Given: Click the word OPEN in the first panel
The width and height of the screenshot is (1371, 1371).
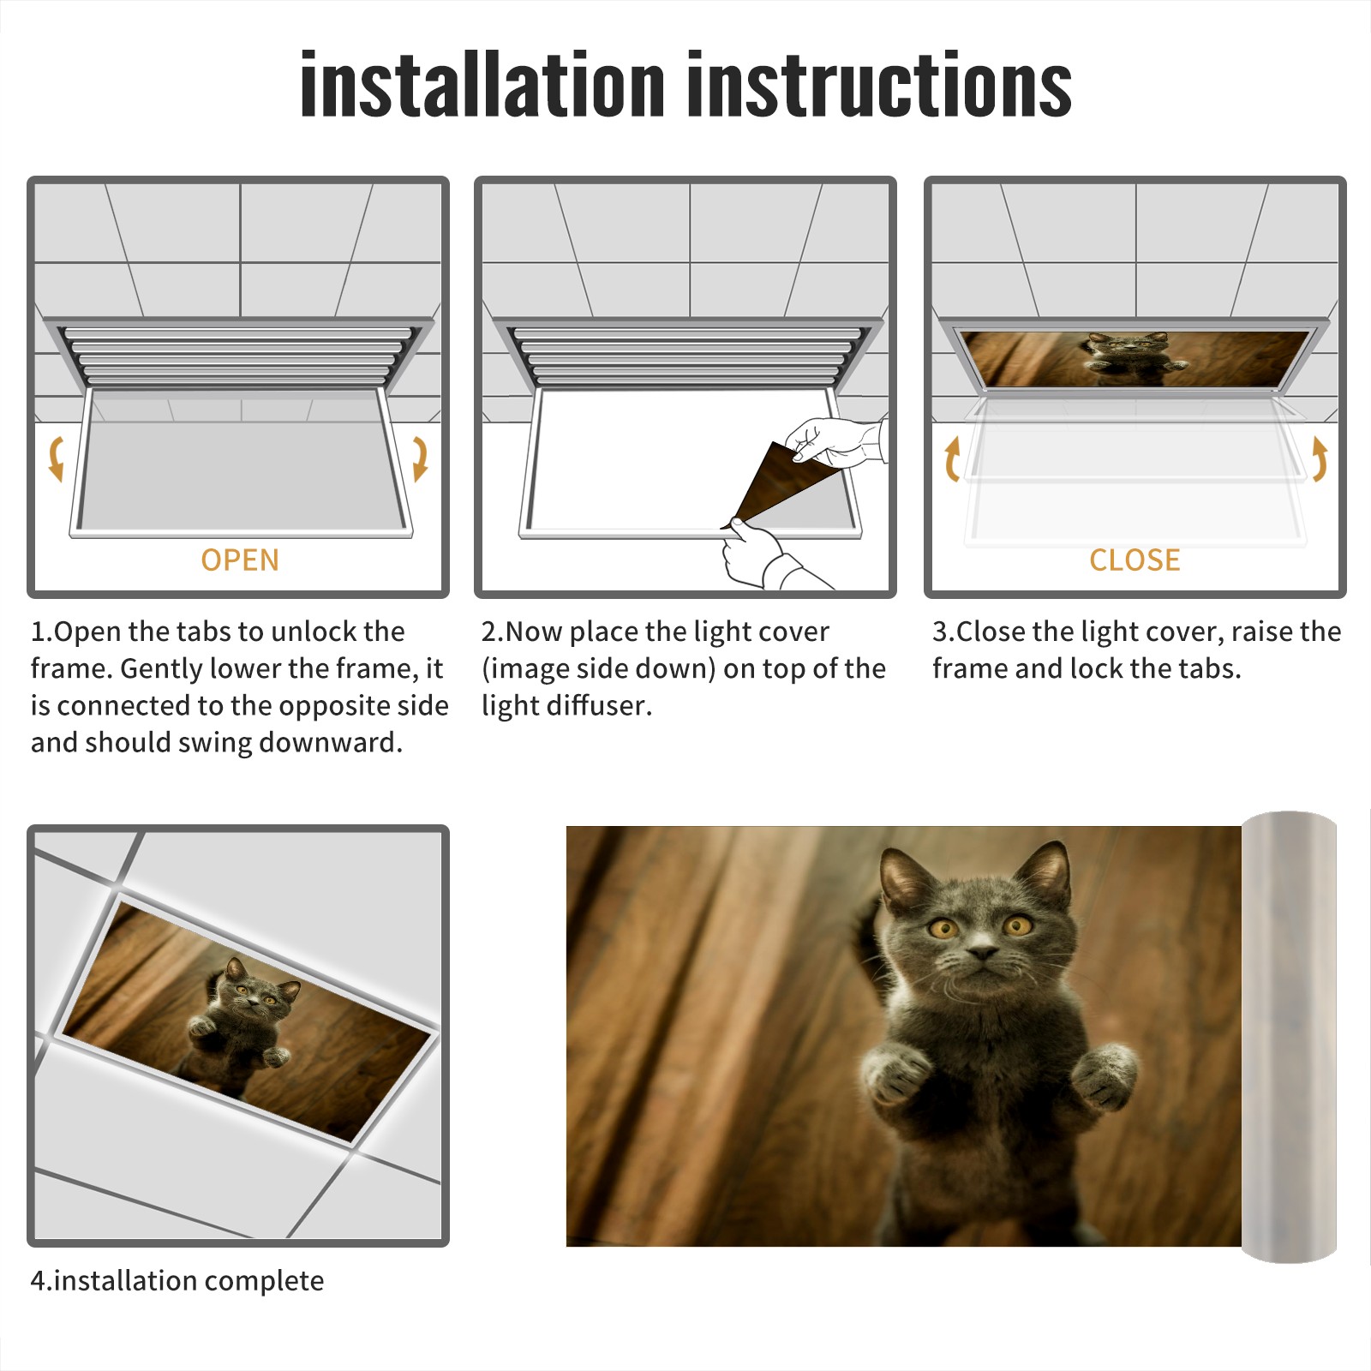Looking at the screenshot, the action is tap(240, 560).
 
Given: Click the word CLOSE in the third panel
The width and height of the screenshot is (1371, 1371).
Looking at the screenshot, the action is tap(1135, 560).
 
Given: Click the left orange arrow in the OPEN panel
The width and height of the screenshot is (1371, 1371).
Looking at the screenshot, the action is tap(57, 458).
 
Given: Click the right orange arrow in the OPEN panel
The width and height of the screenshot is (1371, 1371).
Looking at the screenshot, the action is tap(420, 458).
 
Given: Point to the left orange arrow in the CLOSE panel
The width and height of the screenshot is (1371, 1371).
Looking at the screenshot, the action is tap(952, 458).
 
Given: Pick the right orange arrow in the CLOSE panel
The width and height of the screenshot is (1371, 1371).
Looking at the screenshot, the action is tap(1320, 458).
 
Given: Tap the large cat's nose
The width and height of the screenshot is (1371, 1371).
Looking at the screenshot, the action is tap(983, 951).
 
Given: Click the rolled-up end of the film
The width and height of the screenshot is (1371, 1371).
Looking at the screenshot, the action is tap(1289, 1037).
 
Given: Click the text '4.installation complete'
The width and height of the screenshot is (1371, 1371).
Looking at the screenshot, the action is tap(177, 1281).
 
